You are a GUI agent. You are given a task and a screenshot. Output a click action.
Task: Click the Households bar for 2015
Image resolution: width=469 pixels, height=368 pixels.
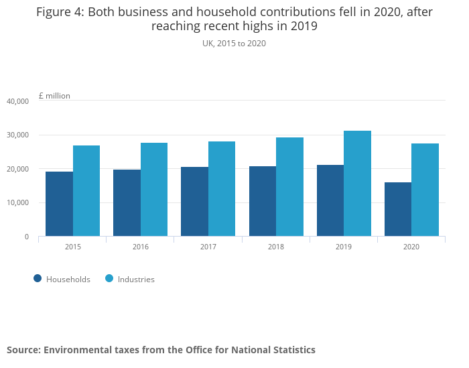tap(60, 204)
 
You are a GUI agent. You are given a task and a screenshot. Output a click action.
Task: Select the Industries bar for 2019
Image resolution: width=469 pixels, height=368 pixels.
tap(357, 184)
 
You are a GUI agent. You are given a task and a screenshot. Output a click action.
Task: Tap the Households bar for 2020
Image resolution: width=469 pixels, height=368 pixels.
tap(398, 209)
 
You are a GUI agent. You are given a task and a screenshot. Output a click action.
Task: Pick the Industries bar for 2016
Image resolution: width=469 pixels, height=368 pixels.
tap(154, 190)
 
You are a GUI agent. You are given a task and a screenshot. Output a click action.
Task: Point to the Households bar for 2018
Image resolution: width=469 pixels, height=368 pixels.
tap(263, 201)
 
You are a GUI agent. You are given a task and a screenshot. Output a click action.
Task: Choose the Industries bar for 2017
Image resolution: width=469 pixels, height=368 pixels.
tap(222, 189)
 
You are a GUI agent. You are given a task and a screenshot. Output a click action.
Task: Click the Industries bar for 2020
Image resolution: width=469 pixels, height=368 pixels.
tap(425, 190)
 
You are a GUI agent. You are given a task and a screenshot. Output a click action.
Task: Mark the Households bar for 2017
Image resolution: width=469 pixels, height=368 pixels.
tap(194, 202)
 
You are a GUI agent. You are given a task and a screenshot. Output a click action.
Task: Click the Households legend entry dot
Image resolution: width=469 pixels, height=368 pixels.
tap(38, 279)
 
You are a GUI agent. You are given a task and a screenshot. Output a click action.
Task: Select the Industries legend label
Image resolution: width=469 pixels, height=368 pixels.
tap(136, 280)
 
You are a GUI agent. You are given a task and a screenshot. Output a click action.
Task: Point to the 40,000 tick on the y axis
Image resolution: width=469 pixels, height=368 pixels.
tap(17, 101)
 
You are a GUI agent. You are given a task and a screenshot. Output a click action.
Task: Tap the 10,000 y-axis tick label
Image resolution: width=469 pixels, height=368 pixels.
tap(17, 203)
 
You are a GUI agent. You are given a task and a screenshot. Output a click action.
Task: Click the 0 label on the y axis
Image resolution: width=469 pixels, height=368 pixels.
tap(26, 237)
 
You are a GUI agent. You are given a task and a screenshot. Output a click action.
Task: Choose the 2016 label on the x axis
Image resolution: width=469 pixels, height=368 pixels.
tap(141, 247)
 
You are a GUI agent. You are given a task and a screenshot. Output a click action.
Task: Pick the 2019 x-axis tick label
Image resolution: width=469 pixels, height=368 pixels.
tap(344, 247)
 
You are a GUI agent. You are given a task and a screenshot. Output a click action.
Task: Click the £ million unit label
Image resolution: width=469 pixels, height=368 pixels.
tap(54, 96)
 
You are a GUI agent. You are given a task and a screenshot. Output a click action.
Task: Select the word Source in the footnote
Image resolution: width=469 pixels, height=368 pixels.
tap(23, 350)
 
